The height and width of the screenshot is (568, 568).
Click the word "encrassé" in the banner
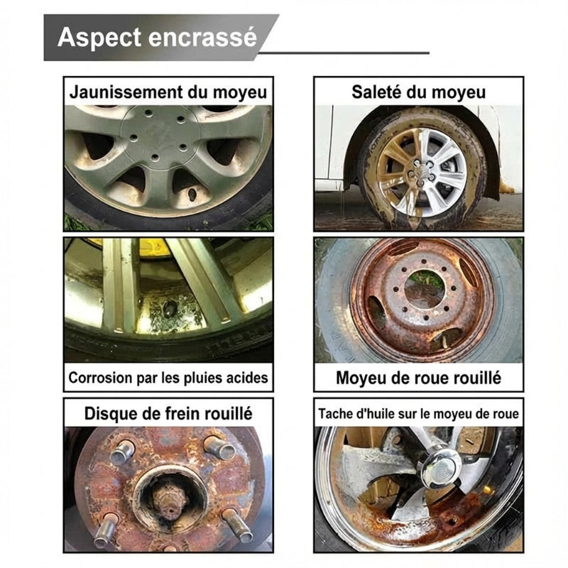[202, 38]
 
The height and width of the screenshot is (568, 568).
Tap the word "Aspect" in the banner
[99, 38]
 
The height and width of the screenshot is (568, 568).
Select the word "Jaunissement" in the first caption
[126, 92]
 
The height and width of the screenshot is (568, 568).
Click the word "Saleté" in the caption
[377, 92]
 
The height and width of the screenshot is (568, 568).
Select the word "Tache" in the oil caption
[330, 413]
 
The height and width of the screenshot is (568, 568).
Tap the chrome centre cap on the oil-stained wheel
[441, 468]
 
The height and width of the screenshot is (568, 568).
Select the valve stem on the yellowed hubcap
[191, 195]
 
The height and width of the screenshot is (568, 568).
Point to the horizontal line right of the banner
[344, 53]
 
